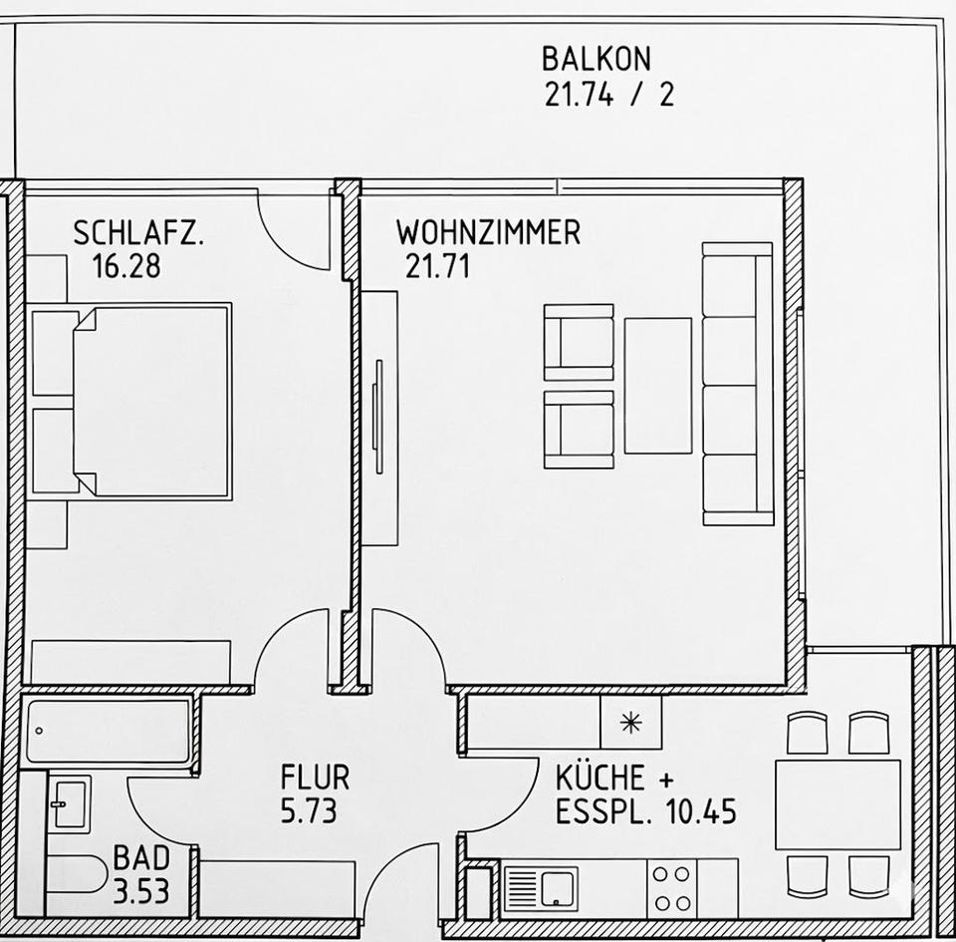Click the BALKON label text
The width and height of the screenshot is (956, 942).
(x=595, y=59)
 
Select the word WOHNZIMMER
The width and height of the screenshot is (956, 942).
(x=488, y=233)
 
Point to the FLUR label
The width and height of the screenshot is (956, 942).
(x=315, y=778)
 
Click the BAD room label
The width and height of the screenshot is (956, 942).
(x=140, y=857)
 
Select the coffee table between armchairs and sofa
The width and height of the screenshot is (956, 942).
(x=657, y=386)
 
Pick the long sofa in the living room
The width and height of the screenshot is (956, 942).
(x=737, y=384)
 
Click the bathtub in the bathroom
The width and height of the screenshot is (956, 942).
(x=108, y=731)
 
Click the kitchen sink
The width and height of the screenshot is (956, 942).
(x=541, y=886)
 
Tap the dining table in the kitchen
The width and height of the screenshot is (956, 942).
(x=837, y=803)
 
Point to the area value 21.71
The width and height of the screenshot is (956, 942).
(x=437, y=267)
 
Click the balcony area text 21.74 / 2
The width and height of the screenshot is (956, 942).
(x=608, y=95)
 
